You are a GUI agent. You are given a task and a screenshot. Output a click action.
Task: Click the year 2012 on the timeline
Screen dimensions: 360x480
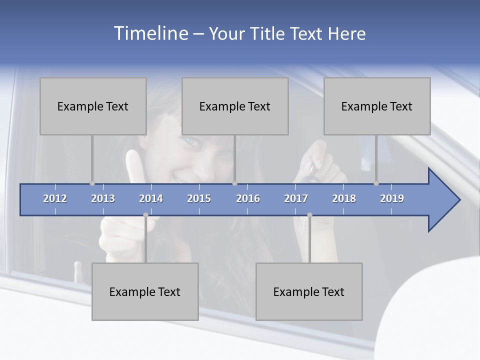55,198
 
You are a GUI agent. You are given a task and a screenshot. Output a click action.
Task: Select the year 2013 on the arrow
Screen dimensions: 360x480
103,198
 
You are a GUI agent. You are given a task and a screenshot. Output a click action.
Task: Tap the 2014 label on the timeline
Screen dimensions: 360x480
151,198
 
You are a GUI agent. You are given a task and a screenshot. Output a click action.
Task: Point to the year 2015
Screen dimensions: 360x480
199,198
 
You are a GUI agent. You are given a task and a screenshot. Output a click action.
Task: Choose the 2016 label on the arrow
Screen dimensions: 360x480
248,198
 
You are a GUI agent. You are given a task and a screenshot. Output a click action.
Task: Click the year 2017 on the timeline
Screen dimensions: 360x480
296,198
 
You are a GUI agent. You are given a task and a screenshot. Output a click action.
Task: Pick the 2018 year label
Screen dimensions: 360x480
344,198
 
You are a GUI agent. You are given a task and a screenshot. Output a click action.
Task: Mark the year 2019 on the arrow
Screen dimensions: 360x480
392,198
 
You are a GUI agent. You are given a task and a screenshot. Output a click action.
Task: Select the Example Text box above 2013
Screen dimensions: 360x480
93,106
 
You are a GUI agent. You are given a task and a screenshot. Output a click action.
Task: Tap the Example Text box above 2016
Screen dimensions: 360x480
235,106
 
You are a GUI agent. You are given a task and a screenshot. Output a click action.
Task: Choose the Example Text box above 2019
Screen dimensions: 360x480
377,106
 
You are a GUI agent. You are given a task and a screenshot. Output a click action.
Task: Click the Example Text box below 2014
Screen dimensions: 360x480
145,291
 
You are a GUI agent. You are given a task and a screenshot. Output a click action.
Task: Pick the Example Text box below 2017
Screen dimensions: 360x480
309,291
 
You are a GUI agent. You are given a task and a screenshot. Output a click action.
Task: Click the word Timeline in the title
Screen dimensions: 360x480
150,33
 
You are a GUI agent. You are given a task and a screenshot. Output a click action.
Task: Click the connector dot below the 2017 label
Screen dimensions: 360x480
309,215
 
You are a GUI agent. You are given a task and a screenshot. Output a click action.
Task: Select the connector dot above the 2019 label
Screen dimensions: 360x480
376,183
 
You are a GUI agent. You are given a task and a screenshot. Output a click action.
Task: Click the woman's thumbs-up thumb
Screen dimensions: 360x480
134,165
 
